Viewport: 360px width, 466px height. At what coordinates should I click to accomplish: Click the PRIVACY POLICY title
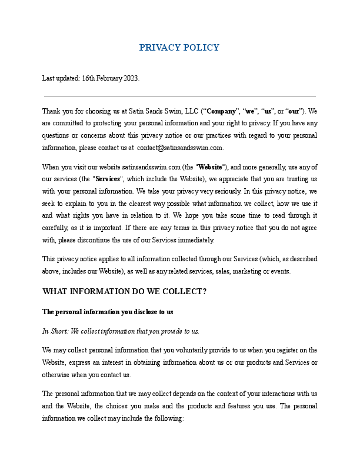179,48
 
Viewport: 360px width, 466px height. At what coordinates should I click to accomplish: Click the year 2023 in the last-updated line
131,78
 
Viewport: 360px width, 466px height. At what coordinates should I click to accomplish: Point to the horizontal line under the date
180,96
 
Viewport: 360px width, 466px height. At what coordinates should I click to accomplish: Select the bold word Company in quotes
222,111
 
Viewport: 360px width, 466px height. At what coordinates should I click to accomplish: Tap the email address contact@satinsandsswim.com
180,148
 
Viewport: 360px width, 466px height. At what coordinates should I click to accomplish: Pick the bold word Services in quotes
108,179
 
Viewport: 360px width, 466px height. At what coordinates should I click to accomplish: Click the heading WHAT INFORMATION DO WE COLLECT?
124,291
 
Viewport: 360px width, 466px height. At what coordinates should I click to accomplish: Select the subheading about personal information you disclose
108,311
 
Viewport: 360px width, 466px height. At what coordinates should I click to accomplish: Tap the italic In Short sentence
121,331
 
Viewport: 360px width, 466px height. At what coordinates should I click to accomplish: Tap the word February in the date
109,78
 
